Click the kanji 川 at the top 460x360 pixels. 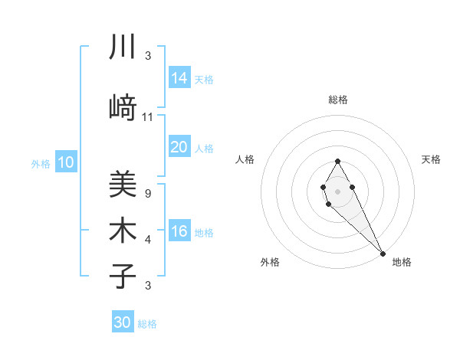tap(122, 47)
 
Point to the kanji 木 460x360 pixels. tap(122, 230)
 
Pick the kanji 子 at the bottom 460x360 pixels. tap(122, 276)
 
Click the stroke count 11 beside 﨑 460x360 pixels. tap(148, 117)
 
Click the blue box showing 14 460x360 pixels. tap(179, 77)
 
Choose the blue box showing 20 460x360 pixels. tap(179, 146)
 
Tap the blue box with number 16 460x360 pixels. tap(179, 231)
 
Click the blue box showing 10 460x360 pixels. tap(66, 162)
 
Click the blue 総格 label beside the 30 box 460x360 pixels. tap(147, 324)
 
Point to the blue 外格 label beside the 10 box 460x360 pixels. tap(41, 163)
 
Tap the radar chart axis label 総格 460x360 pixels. tap(338, 100)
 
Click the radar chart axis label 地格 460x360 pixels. tap(402, 262)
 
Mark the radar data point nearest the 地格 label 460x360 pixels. tap(383, 254)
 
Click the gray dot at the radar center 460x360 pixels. tap(337, 191)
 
